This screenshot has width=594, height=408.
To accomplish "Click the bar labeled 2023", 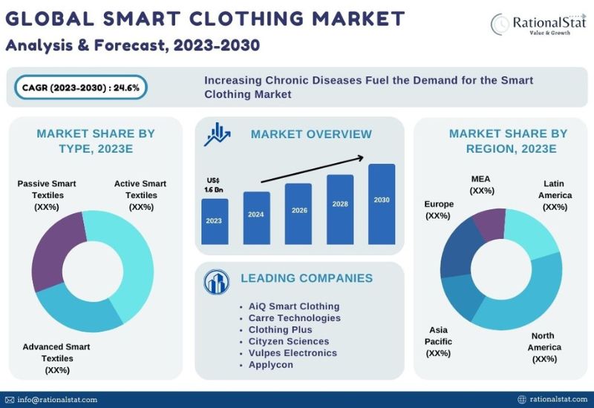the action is point(215,221).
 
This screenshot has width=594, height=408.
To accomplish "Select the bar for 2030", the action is point(382,204).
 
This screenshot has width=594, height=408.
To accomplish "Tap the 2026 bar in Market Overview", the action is point(298,214).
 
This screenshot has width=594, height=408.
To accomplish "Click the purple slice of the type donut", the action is point(57,250).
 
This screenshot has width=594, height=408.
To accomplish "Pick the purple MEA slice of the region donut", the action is point(489,224).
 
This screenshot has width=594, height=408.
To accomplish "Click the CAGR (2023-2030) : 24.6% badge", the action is point(81,88).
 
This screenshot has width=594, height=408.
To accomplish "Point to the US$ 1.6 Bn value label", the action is point(214,185).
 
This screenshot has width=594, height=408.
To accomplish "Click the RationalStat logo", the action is point(538,24).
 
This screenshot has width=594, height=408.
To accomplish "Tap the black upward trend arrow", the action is point(313,169).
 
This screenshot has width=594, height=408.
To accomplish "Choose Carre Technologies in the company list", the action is point(294,318).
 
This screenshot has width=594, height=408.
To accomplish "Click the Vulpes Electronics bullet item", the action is point(293,353).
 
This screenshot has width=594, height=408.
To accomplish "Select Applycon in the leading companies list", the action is point(270,364).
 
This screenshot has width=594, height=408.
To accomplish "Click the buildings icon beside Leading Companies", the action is point(216,282).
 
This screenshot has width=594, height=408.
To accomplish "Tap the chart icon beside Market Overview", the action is point(217,134).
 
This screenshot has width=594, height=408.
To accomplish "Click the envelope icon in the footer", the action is point(10,400).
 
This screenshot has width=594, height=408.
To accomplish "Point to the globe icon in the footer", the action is point(522,399).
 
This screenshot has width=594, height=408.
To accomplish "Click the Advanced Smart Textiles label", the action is point(56,358).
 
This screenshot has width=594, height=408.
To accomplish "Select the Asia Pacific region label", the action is point(438,341).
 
